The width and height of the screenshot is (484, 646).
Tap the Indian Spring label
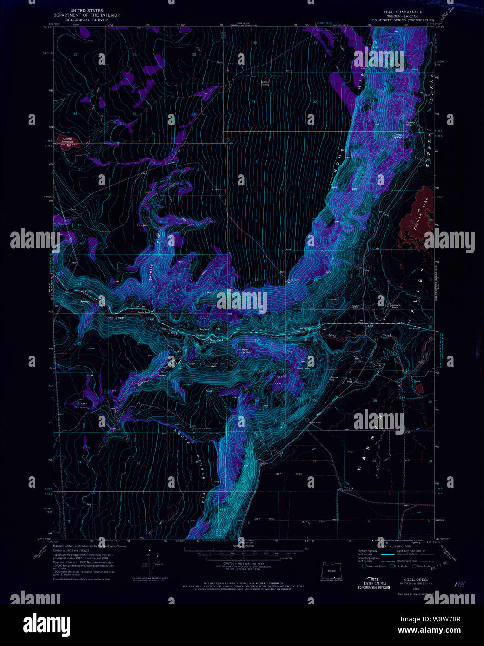pyautogui.click(x=265, y=83)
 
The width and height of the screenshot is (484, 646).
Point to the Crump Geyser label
pyautogui.click(x=410, y=124)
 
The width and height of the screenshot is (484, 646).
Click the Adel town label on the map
pyautogui.click(x=370, y=326)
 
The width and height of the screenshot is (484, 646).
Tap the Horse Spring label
pyautogui.click(x=245, y=351)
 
